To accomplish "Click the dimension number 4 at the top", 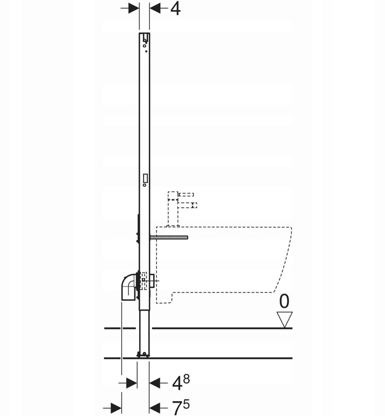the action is point(175,9).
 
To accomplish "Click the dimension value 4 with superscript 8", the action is point(181,383).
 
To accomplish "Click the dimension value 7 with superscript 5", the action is point(181,407).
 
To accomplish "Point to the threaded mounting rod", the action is point(169,237).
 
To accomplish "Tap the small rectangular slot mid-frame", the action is point(145,178).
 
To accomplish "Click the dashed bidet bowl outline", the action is point(224,265).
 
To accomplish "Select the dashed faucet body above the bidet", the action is point(173,209).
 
